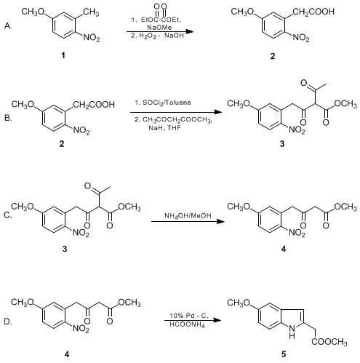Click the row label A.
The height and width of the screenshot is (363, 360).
click(x=8, y=25)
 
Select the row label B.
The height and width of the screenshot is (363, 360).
click(x=8, y=118)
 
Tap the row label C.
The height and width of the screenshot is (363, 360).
click(x=8, y=215)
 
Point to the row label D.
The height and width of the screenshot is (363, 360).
click(x=8, y=322)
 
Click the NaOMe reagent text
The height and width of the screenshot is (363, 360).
click(x=159, y=28)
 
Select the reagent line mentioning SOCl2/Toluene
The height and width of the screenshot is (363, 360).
click(x=163, y=103)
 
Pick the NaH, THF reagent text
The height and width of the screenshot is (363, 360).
click(x=164, y=127)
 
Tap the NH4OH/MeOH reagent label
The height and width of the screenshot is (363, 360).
click(x=188, y=215)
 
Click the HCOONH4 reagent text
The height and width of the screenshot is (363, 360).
click(x=187, y=324)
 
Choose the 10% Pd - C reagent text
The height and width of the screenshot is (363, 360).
click(x=189, y=316)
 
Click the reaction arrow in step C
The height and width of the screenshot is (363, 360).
click(x=188, y=221)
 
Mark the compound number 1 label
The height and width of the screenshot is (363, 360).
click(x=63, y=55)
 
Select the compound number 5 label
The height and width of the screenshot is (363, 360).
click(x=284, y=354)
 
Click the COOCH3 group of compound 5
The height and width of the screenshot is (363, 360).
click(x=329, y=342)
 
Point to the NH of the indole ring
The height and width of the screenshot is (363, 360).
click(x=292, y=332)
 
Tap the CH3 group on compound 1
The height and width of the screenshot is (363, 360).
click(x=91, y=12)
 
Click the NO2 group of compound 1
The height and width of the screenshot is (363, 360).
click(x=92, y=38)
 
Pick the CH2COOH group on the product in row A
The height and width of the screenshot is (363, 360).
click(x=313, y=12)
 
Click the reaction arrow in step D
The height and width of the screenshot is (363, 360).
click(x=193, y=320)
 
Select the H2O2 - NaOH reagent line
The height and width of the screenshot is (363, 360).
click(x=157, y=36)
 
